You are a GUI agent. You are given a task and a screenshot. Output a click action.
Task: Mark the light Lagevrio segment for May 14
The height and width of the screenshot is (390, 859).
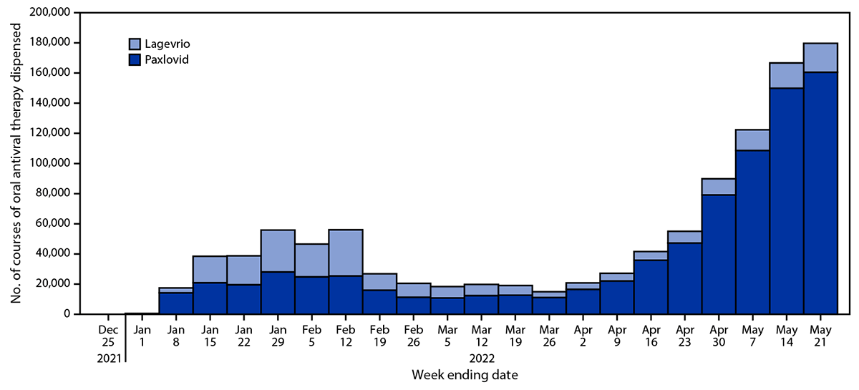point(786,76)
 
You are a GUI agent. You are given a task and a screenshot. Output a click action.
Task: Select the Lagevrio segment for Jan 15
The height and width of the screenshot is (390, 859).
point(210,269)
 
